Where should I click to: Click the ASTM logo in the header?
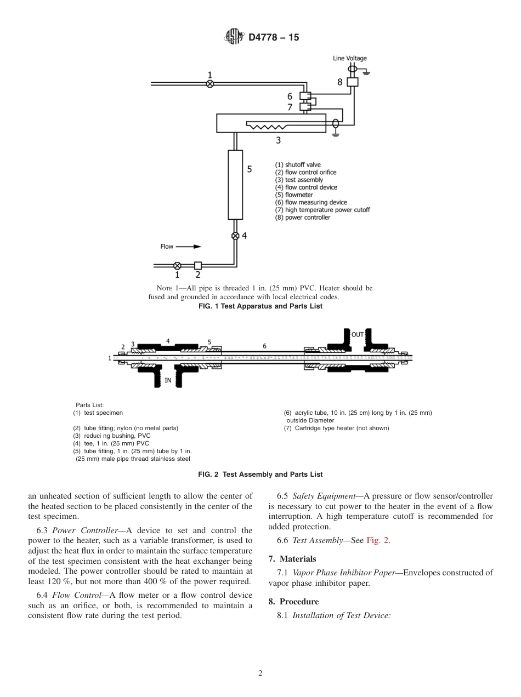234,37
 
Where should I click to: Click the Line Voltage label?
349,59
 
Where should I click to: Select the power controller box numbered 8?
353,82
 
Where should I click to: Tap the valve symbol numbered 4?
235,236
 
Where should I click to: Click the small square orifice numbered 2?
198,265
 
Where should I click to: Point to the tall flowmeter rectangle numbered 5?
235,185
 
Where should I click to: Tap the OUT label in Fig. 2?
358,334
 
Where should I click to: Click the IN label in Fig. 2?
168,379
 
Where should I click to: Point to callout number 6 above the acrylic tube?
264,346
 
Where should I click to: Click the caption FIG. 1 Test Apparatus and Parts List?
260,306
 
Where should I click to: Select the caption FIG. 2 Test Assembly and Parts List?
260,475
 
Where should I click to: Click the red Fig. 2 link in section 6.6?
377,540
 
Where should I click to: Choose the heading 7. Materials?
292,559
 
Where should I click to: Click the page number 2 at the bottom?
260,673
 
